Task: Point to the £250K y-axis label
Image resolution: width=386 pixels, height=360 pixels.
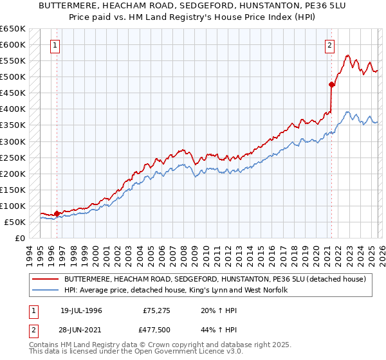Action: (x=13, y=157)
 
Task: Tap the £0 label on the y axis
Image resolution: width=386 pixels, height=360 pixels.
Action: (x=19, y=238)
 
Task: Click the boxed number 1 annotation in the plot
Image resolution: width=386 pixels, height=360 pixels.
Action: (x=56, y=46)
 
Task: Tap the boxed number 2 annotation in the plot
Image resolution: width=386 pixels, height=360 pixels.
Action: (x=329, y=46)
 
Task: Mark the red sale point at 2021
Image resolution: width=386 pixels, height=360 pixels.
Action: (x=332, y=84)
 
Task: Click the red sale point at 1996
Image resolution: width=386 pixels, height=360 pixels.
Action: (x=57, y=213)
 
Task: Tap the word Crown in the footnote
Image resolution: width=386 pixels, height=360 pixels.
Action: (x=155, y=346)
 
